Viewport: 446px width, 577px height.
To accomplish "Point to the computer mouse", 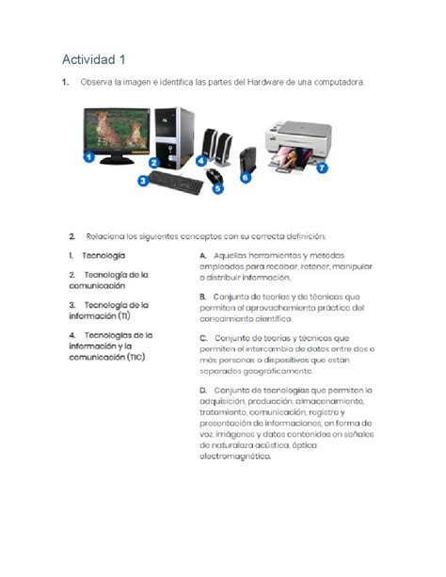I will (215, 175).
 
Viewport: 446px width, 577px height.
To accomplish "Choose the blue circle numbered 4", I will (201, 161).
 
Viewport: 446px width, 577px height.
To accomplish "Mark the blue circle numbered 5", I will (217, 188).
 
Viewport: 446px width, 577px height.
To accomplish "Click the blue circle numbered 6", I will (247, 176).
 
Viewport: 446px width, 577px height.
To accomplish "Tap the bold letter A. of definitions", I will (203, 255).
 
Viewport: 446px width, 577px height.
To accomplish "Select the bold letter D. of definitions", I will (203, 390).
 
